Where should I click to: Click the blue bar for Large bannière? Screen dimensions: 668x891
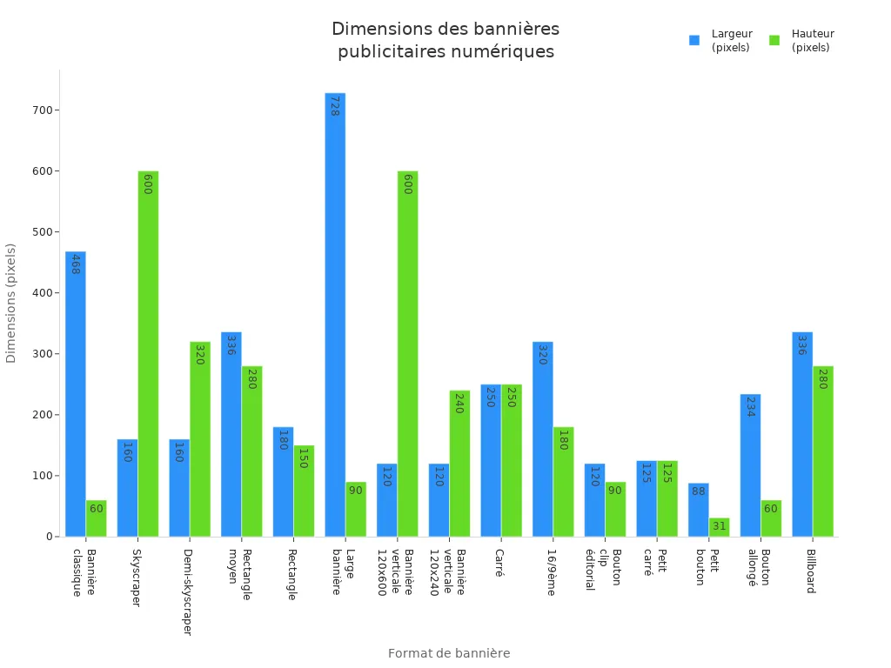335,314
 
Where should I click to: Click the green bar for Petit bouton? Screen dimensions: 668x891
719,527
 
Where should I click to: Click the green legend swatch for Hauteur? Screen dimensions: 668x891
774,40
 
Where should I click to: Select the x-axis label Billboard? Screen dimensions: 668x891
810,571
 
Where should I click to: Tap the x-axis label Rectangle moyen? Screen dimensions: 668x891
239,573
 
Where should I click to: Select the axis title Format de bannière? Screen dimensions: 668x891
449,653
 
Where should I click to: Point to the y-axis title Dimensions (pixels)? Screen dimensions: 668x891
11,303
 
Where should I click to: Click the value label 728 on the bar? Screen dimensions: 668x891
334,106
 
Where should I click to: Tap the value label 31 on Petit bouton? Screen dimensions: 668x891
719,526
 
